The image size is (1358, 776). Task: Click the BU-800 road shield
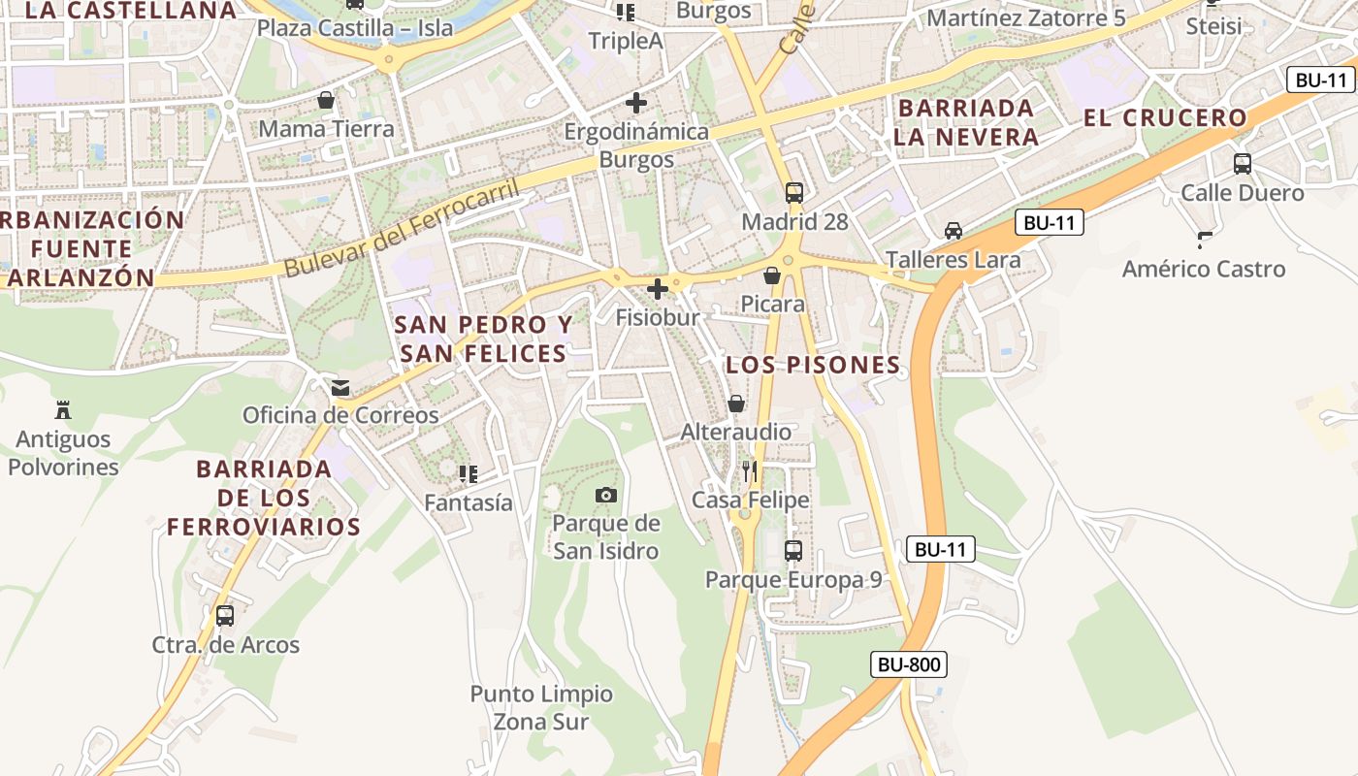908,664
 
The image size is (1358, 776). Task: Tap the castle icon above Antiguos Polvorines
63,409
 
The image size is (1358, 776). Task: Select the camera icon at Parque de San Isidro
606,495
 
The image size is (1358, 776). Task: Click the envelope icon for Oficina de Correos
340,388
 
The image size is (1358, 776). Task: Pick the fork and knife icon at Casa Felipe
750,471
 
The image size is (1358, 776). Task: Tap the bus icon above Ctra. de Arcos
225,615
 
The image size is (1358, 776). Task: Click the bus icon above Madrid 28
794,192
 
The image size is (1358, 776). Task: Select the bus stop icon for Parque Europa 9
793,551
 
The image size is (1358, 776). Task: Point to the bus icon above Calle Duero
1243,163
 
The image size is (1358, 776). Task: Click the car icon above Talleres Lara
954,231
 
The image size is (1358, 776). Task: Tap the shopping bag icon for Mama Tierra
326,100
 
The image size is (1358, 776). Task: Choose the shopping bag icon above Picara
772,275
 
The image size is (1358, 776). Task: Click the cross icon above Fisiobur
658,288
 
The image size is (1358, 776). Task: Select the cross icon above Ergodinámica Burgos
636,102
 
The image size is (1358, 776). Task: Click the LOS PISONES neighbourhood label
813,365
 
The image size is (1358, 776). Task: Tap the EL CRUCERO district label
1165,118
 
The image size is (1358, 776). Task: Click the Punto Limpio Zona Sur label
541,707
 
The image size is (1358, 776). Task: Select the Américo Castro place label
1204,269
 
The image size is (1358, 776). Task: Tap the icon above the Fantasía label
469,473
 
